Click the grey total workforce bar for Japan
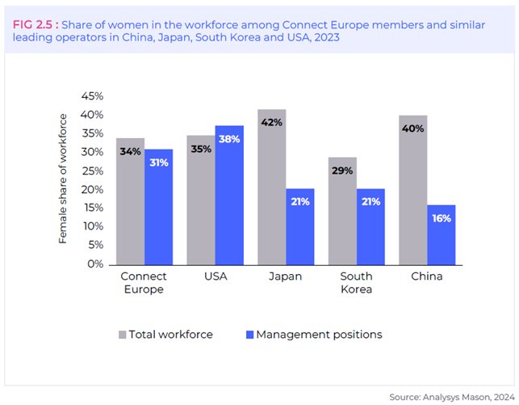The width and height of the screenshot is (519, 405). click(x=271, y=187)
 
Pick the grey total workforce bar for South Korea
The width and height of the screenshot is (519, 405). click(x=342, y=210)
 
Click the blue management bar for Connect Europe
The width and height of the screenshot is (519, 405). click(x=158, y=206)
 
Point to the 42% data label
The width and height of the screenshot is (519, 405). click(x=271, y=123)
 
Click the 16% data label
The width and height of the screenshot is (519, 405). click(x=442, y=218)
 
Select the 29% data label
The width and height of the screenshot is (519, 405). click(x=342, y=171)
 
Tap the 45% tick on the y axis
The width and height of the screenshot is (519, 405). click(x=93, y=96)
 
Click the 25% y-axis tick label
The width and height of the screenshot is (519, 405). click(x=93, y=171)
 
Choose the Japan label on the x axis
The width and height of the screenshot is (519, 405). click(x=285, y=276)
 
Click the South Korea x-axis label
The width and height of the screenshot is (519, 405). click(x=356, y=283)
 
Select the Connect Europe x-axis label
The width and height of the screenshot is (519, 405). click(x=143, y=283)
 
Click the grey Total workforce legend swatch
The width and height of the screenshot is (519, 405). click(x=123, y=335)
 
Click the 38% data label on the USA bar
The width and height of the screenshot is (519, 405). click(x=229, y=139)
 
